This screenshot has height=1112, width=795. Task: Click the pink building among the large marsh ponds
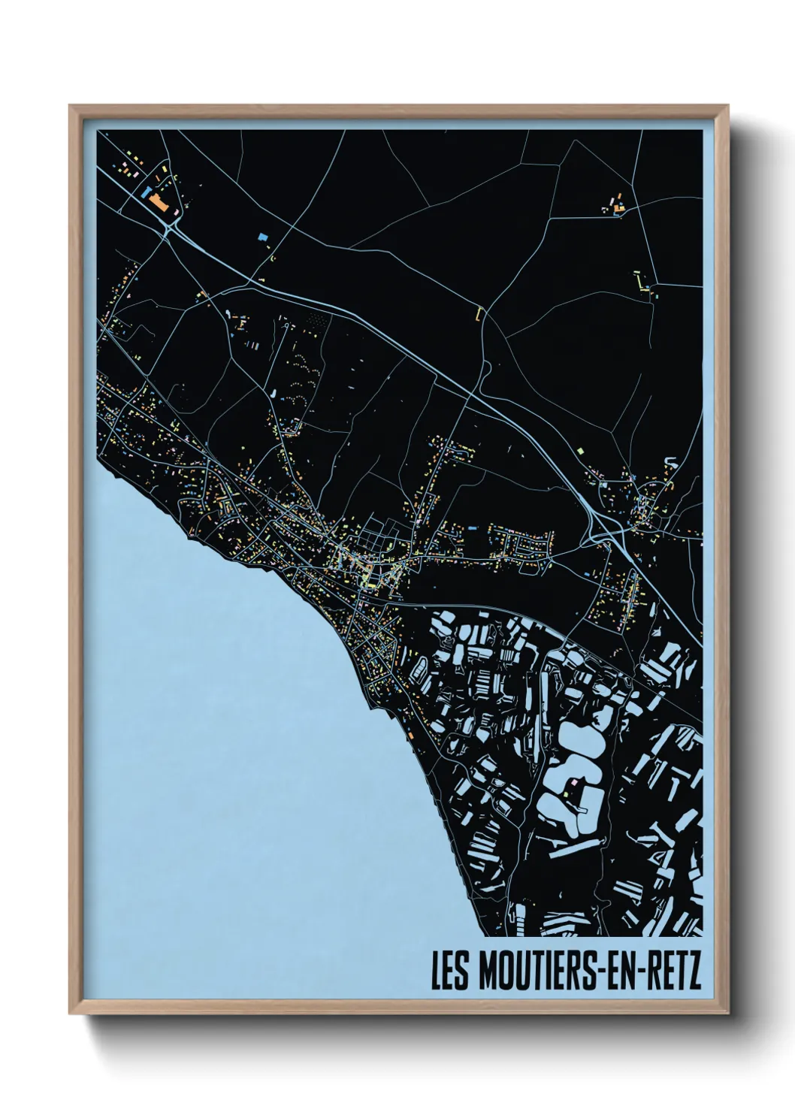575,784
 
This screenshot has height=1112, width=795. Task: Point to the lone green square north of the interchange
581,449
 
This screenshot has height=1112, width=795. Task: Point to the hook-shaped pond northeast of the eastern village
671,460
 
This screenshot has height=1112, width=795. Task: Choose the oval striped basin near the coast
422,667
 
